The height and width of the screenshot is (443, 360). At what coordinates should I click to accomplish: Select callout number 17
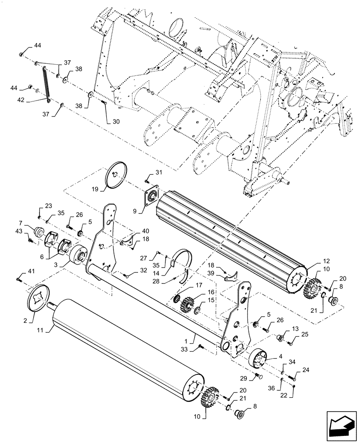click(x=199, y=286)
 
